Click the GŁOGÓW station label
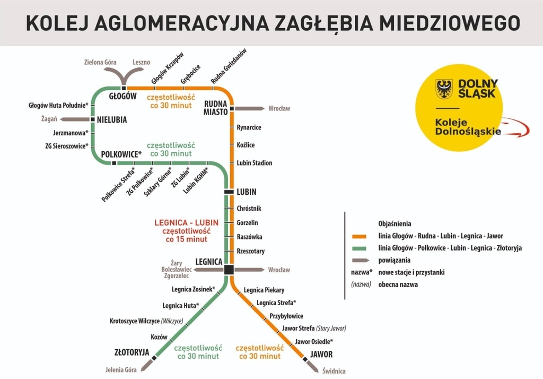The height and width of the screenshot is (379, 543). pyautogui.click(x=122, y=97)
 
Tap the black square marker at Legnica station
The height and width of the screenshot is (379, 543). pyautogui.click(x=229, y=270)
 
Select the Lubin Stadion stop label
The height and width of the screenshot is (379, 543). pyautogui.click(x=255, y=162)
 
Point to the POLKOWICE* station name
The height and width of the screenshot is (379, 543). pyautogui.click(x=121, y=154)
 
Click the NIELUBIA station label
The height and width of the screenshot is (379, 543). pyautogui.click(x=112, y=119)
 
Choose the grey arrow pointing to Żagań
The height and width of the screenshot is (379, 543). pyautogui.click(x=75, y=119)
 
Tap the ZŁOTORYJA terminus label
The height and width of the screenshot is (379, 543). pyautogui.click(x=132, y=352)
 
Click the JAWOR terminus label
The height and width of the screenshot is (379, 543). pyautogui.click(x=321, y=355)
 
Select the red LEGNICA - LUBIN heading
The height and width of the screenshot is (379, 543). pyautogui.click(x=186, y=222)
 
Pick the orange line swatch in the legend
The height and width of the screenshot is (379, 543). pyautogui.click(x=359, y=237)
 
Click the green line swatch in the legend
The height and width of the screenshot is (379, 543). pyautogui.click(x=359, y=248)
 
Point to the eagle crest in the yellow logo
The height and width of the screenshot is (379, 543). pyautogui.click(x=444, y=89)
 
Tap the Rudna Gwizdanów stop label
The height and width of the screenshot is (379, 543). pyautogui.click(x=229, y=66)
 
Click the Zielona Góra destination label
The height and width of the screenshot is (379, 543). pyautogui.click(x=100, y=62)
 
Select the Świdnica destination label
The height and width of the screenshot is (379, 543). pyautogui.click(x=334, y=371)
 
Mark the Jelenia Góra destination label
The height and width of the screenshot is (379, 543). pyautogui.click(x=121, y=369)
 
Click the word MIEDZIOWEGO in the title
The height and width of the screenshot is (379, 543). pyautogui.click(x=450, y=23)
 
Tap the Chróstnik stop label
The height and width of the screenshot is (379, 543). pyautogui.click(x=249, y=209)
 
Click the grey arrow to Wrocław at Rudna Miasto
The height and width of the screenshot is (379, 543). pyautogui.click(x=250, y=108)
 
